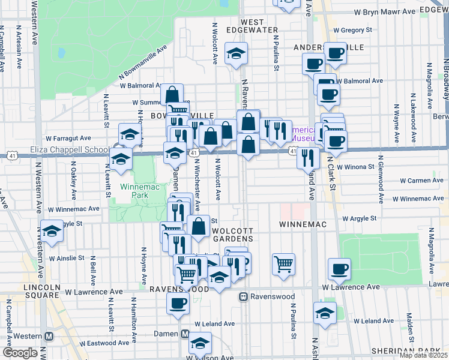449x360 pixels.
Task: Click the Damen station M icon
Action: (185, 334)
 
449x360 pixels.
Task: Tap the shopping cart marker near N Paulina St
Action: (283, 263)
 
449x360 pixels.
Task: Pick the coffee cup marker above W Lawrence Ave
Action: (340, 268)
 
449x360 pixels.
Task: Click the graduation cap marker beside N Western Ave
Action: (52, 232)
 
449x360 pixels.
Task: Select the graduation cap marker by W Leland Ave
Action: (325, 313)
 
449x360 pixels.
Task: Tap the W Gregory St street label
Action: (352, 29)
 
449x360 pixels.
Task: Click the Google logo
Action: (20, 352)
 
